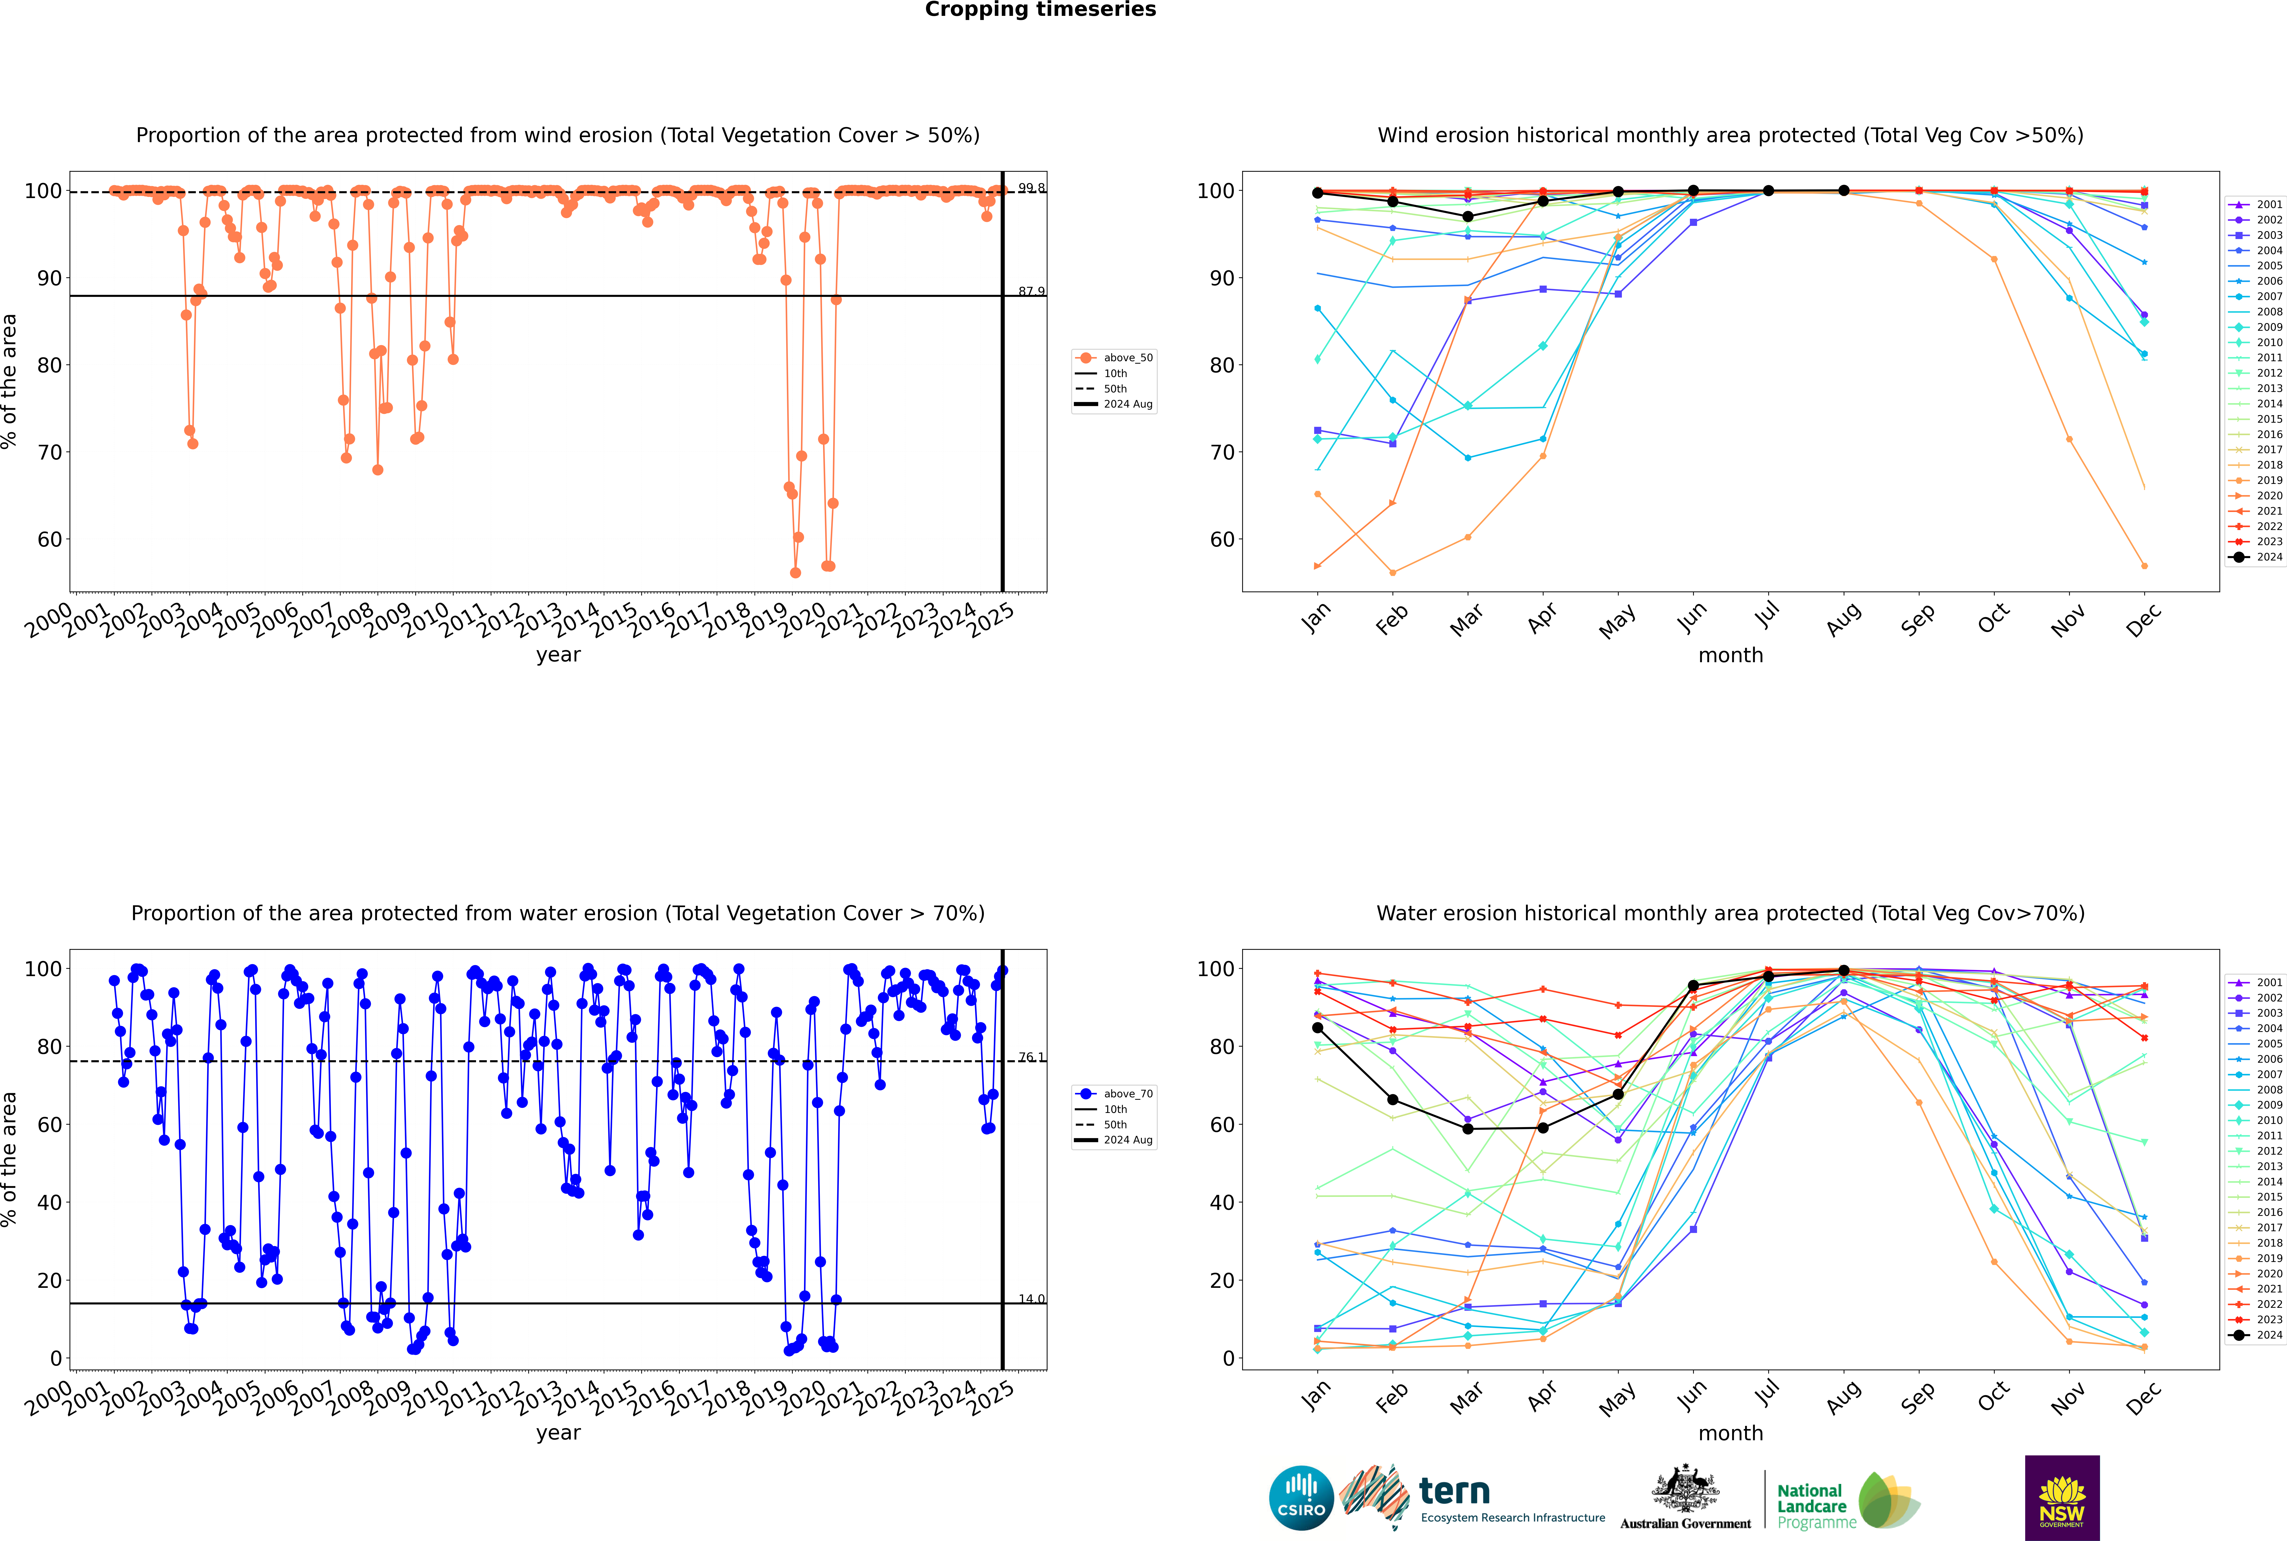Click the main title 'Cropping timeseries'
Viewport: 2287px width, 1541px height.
coord(1040,10)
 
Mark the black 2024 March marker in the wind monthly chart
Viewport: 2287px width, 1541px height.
coord(1468,216)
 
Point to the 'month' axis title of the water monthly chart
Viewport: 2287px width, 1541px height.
coord(1730,1433)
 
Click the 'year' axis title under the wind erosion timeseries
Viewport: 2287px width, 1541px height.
coord(558,655)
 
